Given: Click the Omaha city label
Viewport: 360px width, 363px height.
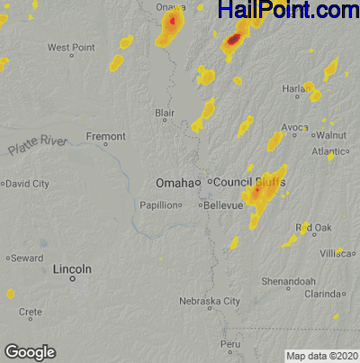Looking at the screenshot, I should click(174, 183).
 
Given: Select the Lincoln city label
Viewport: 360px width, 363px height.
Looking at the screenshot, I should click(72, 269).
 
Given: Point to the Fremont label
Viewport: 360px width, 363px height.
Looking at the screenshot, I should click(105, 137).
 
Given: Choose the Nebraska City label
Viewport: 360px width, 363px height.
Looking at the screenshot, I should click(209, 301).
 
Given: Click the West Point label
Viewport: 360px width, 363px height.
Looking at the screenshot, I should click(71, 47).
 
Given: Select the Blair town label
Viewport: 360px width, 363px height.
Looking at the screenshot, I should click(165, 113).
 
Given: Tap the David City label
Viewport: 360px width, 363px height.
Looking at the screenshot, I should click(28, 184).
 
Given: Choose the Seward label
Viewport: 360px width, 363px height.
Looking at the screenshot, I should click(28, 259).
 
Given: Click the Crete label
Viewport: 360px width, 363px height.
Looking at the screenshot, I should click(31, 312).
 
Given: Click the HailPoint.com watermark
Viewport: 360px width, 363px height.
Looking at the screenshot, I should click(288, 11).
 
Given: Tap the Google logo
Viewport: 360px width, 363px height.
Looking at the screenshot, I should click(30, 352).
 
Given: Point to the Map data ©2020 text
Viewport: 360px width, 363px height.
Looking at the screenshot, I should click(322, 356).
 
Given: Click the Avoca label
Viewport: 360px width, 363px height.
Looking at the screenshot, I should click(294, 128).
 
